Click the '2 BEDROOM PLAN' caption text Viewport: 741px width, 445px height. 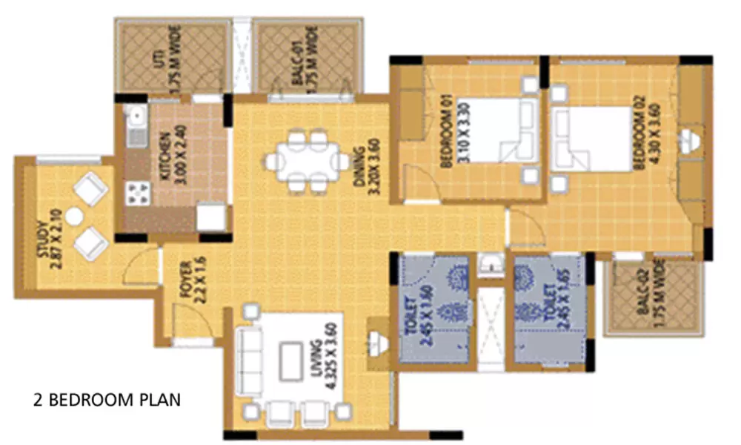pyautogui.click(x=107, y=400)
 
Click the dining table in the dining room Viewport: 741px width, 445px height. pyautogui.click(x=308, y=159)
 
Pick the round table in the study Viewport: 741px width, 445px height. pyautogui.click(x=74, y=217)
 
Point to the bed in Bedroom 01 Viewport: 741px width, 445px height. pyautogui.click(x=493, y=130)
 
